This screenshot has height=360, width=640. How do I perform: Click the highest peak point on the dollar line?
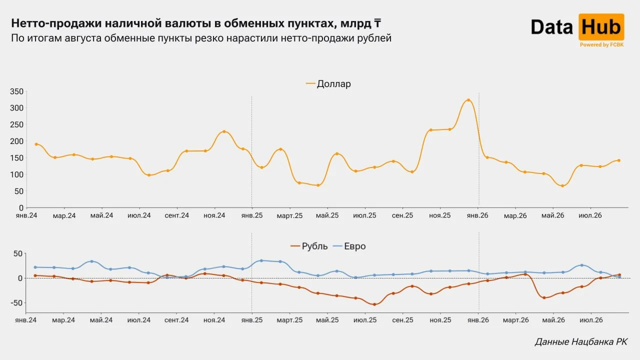[468, 100]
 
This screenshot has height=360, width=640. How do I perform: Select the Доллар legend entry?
[328, 83]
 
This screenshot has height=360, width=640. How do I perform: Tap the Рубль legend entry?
[309, 246]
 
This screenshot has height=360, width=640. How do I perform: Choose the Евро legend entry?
[349, 246]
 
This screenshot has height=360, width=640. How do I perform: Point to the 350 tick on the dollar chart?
[16, 91]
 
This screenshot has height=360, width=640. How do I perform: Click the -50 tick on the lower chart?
[16, 303]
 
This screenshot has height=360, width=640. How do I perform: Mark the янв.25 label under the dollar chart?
[251, 215]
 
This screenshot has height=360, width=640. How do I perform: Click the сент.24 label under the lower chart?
[176, 320]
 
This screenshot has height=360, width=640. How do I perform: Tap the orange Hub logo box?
[601, 27]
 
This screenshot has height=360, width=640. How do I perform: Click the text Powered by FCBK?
[601, 45]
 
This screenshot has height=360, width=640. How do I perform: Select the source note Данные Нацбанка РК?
[581, 341]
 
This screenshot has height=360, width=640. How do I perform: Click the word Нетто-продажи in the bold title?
[56, 23]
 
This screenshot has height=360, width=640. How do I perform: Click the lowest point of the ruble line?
[374, 304]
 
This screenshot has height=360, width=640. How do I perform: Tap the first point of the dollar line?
[36, 144]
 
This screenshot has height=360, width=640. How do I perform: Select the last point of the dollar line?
[619, 160]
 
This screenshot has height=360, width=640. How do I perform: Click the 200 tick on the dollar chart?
[16, 141]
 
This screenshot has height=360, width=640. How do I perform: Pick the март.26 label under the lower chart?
[515, 320]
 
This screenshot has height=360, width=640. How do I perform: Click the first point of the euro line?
[35, 267]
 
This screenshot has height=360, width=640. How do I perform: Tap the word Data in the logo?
[552, 27]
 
